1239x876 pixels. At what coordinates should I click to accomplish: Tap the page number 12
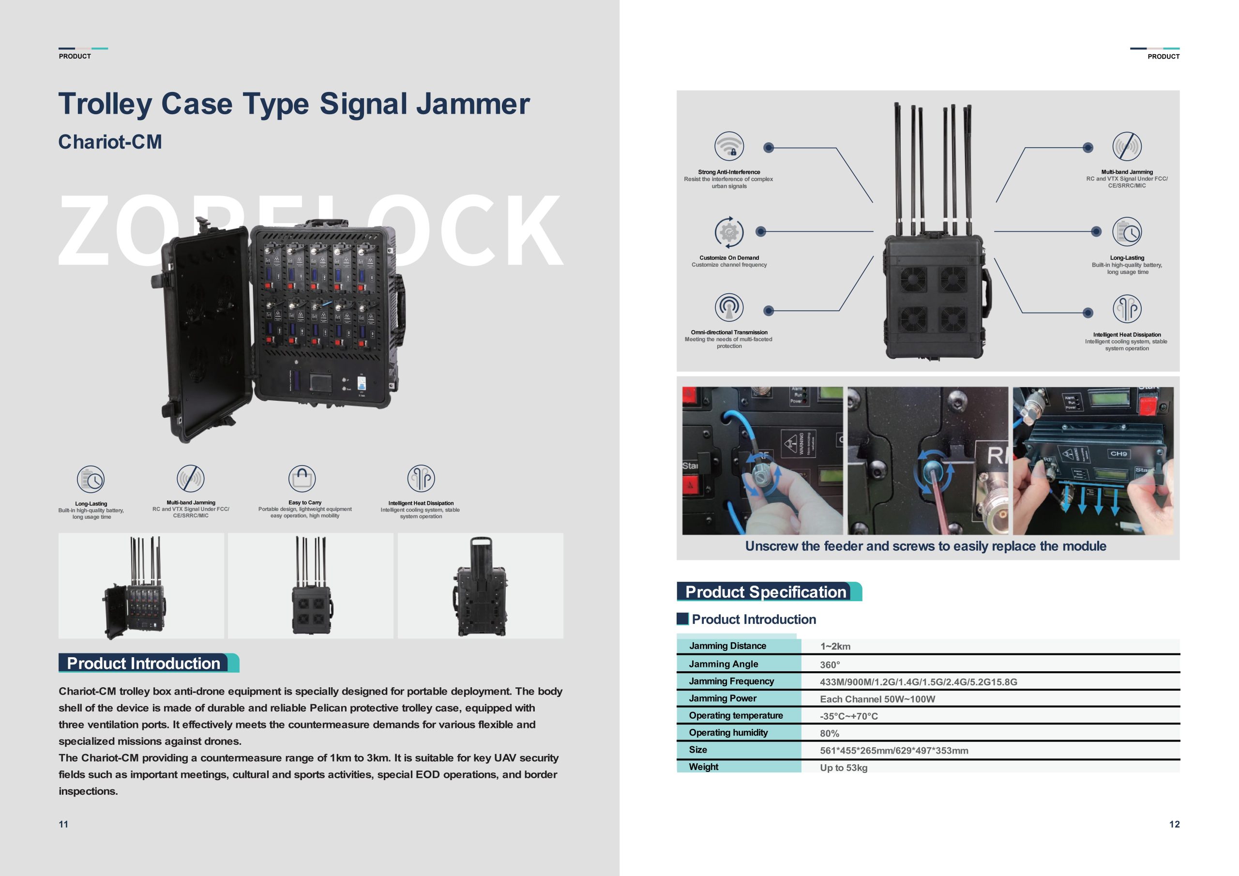[x=1174, y=824]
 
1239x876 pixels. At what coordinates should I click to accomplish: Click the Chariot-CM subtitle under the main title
[x=110, y=142]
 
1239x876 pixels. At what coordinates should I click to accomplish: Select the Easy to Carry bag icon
[x=302, y=478]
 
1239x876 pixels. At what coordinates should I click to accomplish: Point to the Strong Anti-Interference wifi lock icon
[x=729, y=146]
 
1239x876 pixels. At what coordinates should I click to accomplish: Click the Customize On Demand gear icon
[x=729, y=232]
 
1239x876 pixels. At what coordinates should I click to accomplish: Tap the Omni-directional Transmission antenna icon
[x=729, y=308]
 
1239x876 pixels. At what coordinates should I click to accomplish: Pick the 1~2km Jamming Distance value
[x=835, y=647]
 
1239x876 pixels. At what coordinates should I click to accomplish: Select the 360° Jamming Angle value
[x=830, y=665]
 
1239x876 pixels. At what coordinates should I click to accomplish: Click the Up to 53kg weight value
[x=844, y=768]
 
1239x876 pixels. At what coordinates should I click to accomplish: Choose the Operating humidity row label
[x=728, y=732]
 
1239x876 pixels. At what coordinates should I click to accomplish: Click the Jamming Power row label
[x=723, y=698]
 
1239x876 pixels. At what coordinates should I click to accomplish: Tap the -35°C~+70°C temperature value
[x=849, y=716]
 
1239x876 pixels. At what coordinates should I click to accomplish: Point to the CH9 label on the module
[x=1118, y=454]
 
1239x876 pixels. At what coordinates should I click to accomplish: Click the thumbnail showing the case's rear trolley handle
[x=480, y=586]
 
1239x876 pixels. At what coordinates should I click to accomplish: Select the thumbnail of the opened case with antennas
[x=141, y=586]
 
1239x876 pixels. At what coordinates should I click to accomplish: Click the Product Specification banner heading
[x=765, y=592]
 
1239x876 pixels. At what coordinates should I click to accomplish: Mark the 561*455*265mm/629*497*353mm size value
[x=893, y=751]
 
